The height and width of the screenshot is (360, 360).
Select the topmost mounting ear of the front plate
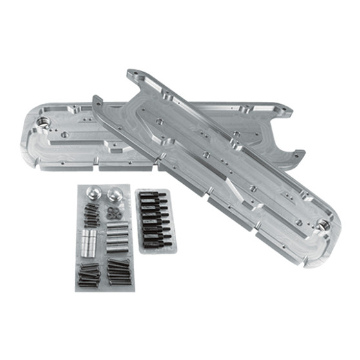134,77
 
